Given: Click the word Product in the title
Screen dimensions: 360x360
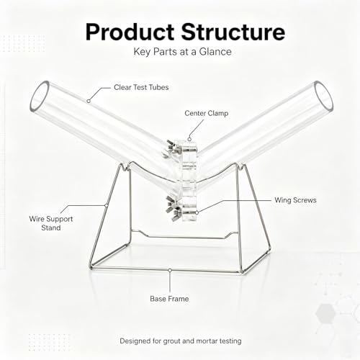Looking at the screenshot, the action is (130, 32).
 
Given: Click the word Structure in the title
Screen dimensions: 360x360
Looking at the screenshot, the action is (233, 32).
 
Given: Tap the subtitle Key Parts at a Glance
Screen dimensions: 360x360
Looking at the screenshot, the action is (182, 52).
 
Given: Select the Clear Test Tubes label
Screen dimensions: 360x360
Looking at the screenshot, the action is (141, 87).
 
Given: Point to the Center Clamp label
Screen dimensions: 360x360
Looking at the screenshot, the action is (207, 113).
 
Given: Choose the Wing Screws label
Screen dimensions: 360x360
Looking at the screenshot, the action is (295, 200).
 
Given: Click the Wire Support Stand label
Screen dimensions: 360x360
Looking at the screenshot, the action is (51, 223).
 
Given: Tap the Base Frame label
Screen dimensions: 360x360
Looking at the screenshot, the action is (169, 299).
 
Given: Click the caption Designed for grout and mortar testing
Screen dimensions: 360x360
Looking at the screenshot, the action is (181, 341).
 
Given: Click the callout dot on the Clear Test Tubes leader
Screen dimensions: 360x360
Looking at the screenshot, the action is (89, 102).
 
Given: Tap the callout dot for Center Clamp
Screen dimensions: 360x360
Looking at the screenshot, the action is (189, 139).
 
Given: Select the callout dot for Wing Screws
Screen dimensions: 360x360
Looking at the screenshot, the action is (197, 212).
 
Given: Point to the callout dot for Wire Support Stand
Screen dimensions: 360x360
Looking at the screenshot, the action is (106, 205).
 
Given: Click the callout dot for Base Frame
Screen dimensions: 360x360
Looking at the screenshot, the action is (170, 271).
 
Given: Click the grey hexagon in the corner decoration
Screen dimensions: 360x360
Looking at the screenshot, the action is (325, 312).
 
